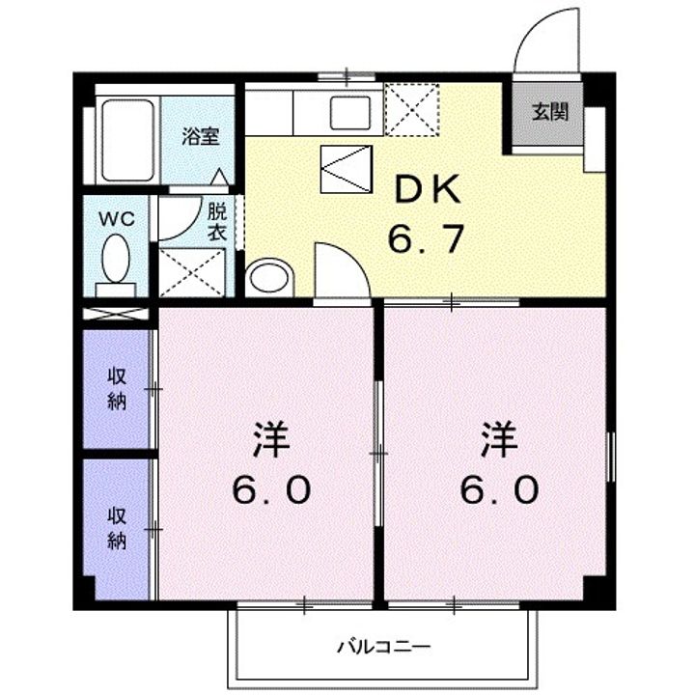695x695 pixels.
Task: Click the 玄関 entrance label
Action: point(549,112)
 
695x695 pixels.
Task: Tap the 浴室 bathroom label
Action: point(201,136)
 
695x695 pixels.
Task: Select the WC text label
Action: point(117,218)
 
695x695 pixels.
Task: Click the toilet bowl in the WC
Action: point(116,259)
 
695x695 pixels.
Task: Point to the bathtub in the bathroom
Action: point(128,140)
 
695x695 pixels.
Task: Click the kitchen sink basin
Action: point(350,113)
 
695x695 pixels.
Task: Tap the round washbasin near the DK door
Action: point(269,277)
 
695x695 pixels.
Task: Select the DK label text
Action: point(427,190)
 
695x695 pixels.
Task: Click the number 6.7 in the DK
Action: point(427,238)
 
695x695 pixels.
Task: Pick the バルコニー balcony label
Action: point(383,647)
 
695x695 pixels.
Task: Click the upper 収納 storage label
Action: point(117,389)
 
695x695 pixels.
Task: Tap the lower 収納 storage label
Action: point(117,528)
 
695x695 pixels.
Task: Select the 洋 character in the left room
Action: point(271,440)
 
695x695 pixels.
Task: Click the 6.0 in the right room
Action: point(500,489)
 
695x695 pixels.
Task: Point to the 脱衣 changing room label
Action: point(217,222)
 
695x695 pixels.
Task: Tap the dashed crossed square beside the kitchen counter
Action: point(412,109)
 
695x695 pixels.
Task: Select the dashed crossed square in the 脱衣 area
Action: point(191,272)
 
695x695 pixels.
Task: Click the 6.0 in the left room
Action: point(271,489)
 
